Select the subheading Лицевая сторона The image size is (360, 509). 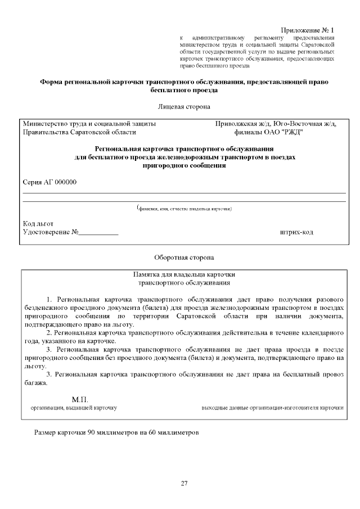[184, 106]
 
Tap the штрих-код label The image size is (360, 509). [296, 232]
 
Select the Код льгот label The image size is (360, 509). [38, 223]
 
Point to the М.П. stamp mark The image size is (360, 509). [73, 399]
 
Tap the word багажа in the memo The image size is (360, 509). [35, 383]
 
